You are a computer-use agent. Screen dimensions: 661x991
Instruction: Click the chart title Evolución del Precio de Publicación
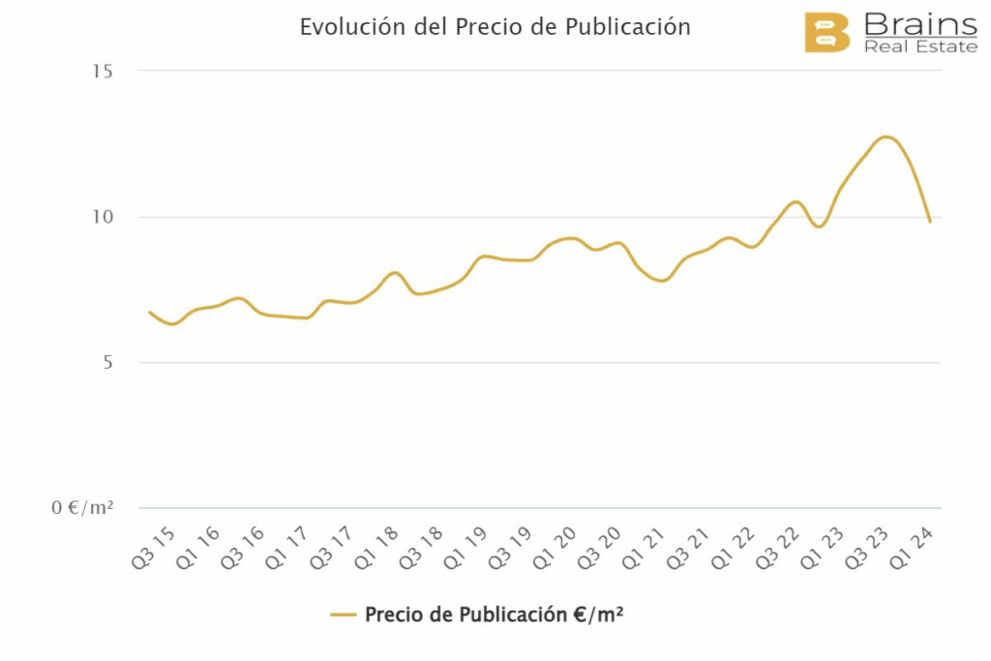point(495,27)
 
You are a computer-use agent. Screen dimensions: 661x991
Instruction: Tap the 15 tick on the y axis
point(103,71)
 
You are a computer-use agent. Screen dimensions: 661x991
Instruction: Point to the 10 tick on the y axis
point(103,217)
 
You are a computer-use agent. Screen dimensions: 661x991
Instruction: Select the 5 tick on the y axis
point(107,363)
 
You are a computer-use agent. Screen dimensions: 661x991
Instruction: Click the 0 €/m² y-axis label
point(82,508)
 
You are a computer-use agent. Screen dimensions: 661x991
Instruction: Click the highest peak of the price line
point(886,137)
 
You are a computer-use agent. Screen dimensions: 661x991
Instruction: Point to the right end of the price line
point(930,222)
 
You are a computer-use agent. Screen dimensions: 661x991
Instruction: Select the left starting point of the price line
point(150,313)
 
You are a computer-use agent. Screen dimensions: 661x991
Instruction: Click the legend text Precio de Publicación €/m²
point(494,615)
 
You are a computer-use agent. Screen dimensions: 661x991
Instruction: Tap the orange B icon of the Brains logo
point(826,32)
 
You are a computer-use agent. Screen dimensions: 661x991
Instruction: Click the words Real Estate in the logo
point(920,46)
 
